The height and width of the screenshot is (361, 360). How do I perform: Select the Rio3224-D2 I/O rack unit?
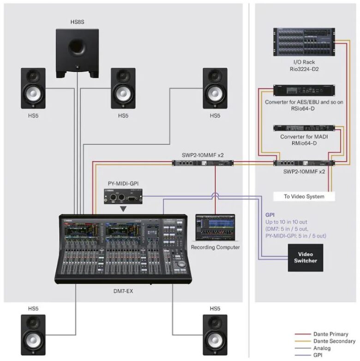[303, 42]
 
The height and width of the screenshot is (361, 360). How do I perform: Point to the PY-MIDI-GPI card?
[123, 197]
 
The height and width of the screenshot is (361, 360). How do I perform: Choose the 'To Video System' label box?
[304, 196]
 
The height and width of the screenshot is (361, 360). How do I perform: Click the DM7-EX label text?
[122, 291]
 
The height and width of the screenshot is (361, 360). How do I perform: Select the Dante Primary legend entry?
[330, 334]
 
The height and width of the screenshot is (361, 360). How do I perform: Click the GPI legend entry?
[318, 355]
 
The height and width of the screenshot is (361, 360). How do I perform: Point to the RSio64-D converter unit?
[304, 91]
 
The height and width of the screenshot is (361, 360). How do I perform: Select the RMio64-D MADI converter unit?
[304, 129]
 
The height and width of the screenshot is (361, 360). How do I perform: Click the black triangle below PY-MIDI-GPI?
[123, 209]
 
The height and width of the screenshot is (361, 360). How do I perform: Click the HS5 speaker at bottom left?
[33, 335]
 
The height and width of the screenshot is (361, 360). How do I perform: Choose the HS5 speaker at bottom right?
[215, 335]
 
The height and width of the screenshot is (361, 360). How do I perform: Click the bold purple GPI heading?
[270, 215]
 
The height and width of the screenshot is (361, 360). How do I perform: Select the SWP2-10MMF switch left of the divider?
[203, 163]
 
